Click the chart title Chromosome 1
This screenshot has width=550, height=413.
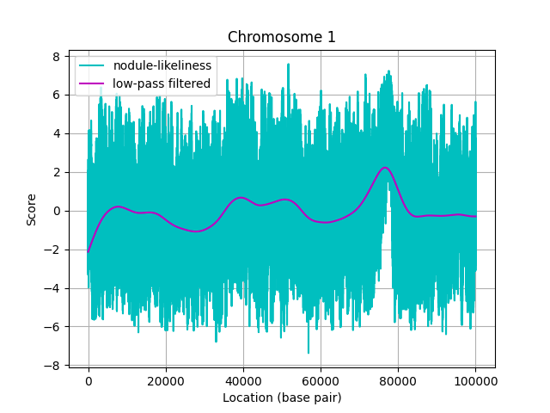tap(282, 37)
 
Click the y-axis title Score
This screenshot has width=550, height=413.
tap(32, 209)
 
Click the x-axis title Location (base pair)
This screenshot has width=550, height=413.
tap(282, 398)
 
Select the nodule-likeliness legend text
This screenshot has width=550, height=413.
tap(162, 66)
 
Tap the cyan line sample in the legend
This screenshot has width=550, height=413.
tap(93, 66)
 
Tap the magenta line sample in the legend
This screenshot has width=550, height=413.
tap(93, 83)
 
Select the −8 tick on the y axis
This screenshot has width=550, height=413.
tap(53, 366)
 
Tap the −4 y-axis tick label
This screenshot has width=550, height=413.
tap(53, 288)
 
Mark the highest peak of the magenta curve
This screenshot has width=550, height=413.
tap(385, 168)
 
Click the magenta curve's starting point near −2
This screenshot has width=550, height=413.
tap(88, 251)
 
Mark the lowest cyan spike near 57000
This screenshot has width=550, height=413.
tap(309, 353)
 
